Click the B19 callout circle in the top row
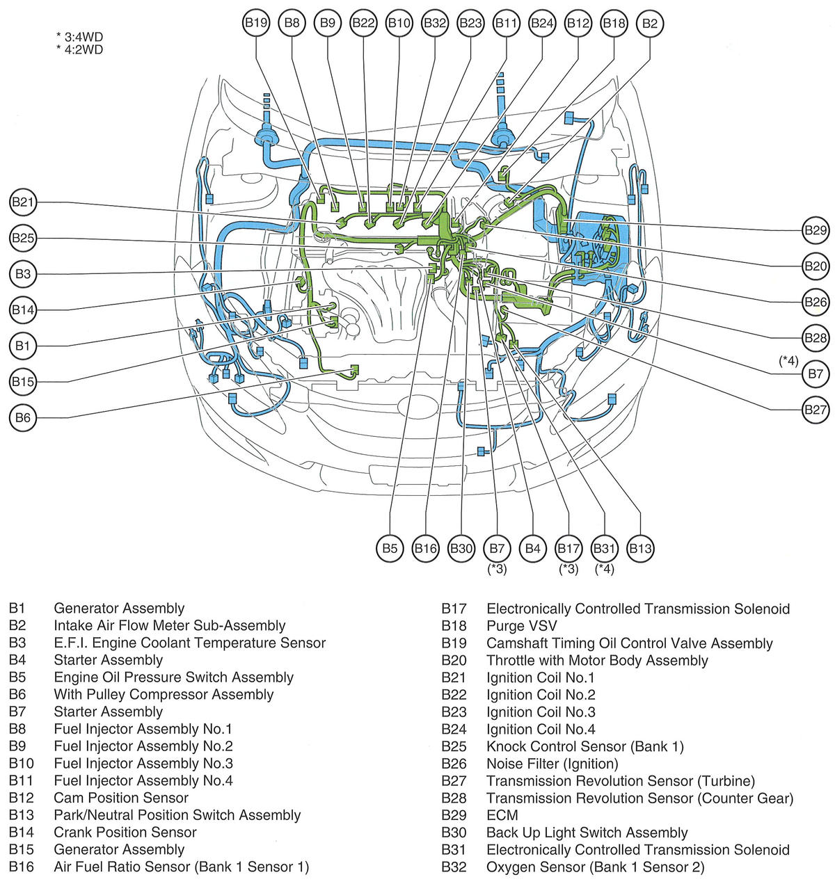tap(256, 23)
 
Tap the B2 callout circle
tap(649, 23)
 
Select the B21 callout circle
tap(23, 202)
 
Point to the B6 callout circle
tap(23, 418)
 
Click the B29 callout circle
tap(815, 230)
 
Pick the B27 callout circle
tap(815, 410)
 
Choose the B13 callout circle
tap(640, 548)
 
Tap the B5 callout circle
tap(390, 548)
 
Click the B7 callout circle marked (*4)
tap(815, 374)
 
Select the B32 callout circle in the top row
tap(435, 23)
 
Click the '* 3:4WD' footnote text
tap(80, 36)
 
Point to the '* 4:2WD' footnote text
tap(80, 49)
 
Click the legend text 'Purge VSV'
tap(521, 626)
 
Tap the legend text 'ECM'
tap(502, 815)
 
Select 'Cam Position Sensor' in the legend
tap(121, 798)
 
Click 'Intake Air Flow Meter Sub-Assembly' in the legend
tap(170, 626)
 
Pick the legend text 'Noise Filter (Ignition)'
tap(552, 764)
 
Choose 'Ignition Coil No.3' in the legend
tap(541, 712)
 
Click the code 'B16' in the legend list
tap(22, 867)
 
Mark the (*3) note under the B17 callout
tap(568, 569)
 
